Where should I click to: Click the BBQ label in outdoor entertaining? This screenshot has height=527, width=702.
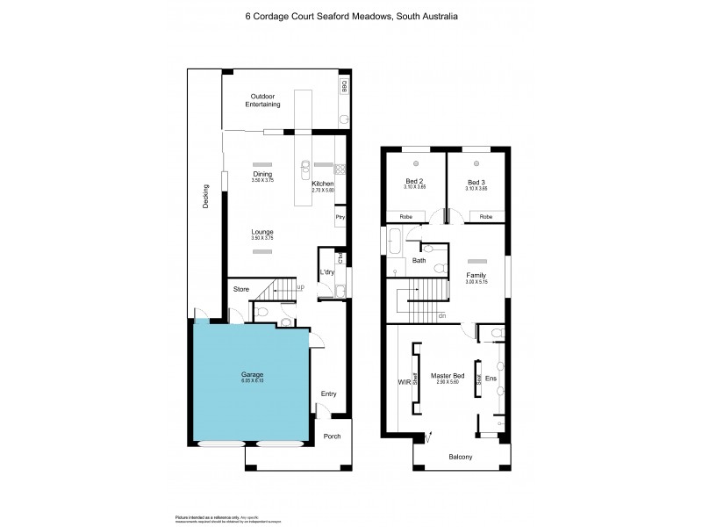click(345, 86)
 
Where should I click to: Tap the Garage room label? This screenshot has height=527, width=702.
click(253, 374)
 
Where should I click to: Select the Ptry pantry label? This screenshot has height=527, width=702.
click(340, 216)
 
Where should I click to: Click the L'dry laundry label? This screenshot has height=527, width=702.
click(328, 272)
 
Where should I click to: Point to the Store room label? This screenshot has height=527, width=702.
click(240, 289)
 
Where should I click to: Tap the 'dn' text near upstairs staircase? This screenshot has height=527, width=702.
click(441, 316)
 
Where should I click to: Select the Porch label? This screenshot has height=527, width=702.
click(333, 437)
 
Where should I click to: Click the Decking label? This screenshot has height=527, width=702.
click(205, 195)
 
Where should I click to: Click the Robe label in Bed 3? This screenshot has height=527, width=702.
click(486, 216)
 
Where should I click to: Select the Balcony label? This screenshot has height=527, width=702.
click(461, 457)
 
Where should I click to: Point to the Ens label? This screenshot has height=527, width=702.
click(491, 379)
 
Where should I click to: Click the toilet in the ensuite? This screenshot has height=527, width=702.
click(497, 334)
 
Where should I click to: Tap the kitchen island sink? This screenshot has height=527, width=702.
click(304, 166)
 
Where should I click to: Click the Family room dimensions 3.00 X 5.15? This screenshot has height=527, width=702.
click(476, 282)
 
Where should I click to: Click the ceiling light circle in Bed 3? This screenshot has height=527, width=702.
click(476, 164)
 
